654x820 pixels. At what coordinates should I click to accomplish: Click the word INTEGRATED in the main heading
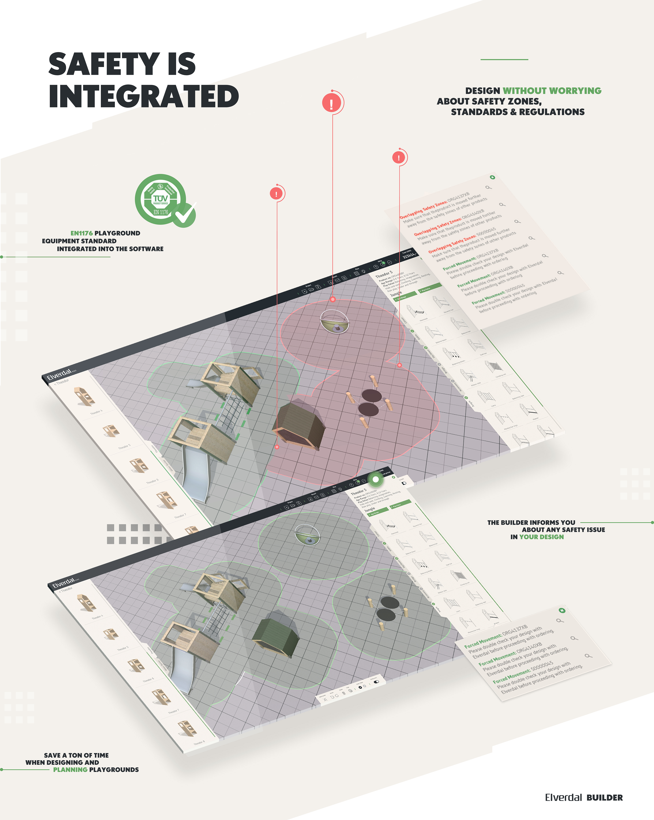click(x=144, y=96)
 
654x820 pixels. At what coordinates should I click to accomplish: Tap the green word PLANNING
click(x=70, y=769)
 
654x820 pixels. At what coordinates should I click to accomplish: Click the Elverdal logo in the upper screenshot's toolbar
click(x=59, y=374)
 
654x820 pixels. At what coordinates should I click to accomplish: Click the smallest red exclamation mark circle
click(x=276, y=194)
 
